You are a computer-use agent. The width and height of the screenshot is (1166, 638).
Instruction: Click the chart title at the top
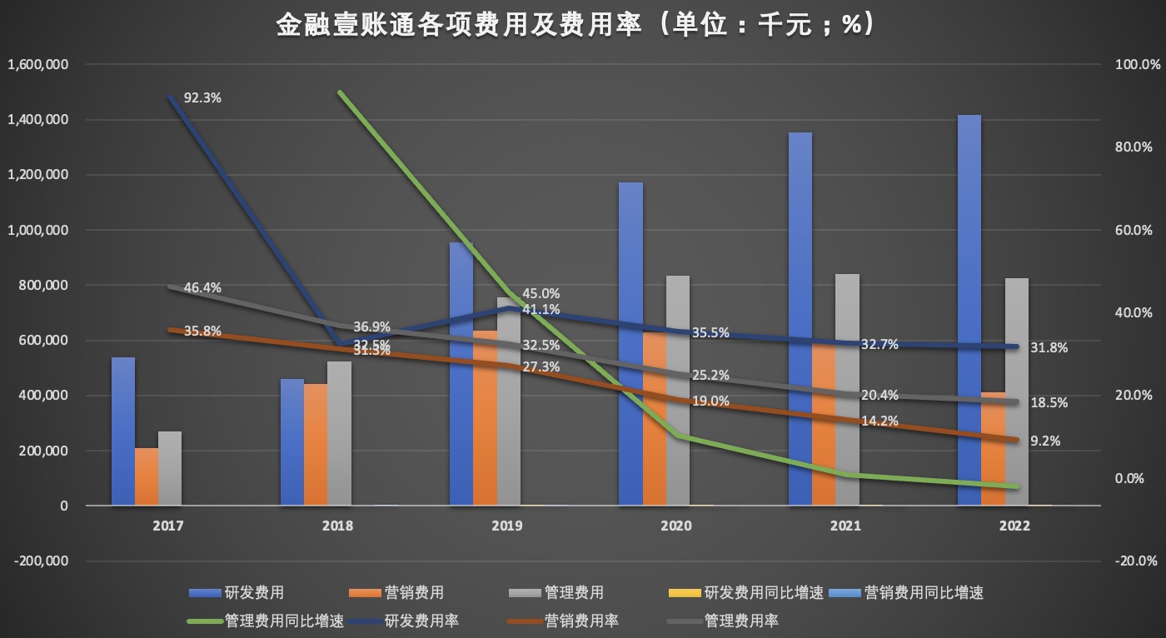coord(575,26)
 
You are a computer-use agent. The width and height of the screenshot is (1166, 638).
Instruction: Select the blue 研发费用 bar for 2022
coord(969,310)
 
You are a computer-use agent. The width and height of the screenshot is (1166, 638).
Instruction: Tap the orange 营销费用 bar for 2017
coord(147,476)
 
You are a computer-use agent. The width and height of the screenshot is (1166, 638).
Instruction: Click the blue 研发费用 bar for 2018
coord(292,442)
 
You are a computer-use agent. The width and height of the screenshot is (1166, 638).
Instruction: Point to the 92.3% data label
coord(202,97)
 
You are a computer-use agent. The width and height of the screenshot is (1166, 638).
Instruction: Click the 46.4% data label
coord(202,288)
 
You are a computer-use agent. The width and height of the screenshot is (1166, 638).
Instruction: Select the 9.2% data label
coord(1044,441)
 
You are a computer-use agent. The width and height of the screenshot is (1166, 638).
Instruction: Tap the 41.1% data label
coord(541,309)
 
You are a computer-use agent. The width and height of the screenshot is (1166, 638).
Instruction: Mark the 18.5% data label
coord(1048,402)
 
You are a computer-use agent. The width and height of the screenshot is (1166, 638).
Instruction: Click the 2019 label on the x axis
coord(506,526)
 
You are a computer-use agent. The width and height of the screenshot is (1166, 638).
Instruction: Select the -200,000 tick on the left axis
coord(40,561)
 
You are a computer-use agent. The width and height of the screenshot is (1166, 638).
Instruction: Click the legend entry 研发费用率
coord(421,621)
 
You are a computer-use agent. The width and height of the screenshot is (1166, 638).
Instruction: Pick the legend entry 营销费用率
coord(581,621)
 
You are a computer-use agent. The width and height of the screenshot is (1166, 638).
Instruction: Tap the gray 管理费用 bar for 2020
coord(678,391)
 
